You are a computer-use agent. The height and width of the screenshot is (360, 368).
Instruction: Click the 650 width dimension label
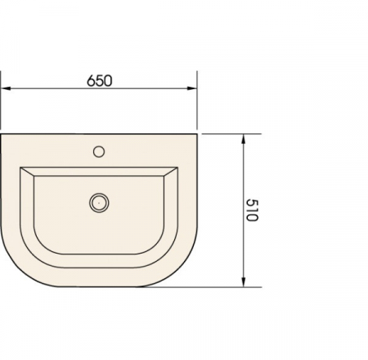[100, 81]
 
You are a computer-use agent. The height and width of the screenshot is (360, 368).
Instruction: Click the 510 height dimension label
[252, 210]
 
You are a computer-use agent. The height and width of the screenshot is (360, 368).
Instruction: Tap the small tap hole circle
[99, 151]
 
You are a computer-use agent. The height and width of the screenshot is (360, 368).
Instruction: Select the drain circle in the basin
[99, 203]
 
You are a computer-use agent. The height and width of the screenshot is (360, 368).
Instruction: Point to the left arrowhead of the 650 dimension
[6, 88]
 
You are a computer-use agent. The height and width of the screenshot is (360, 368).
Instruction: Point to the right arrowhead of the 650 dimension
[192, 88]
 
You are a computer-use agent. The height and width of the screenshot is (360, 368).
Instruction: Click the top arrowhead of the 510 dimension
[244, 139]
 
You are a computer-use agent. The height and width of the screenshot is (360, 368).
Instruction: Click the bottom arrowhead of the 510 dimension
[244, 282]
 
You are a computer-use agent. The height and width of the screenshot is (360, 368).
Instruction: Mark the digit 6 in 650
[91, 81]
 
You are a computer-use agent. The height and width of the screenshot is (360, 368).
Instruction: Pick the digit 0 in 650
[108, 81]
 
